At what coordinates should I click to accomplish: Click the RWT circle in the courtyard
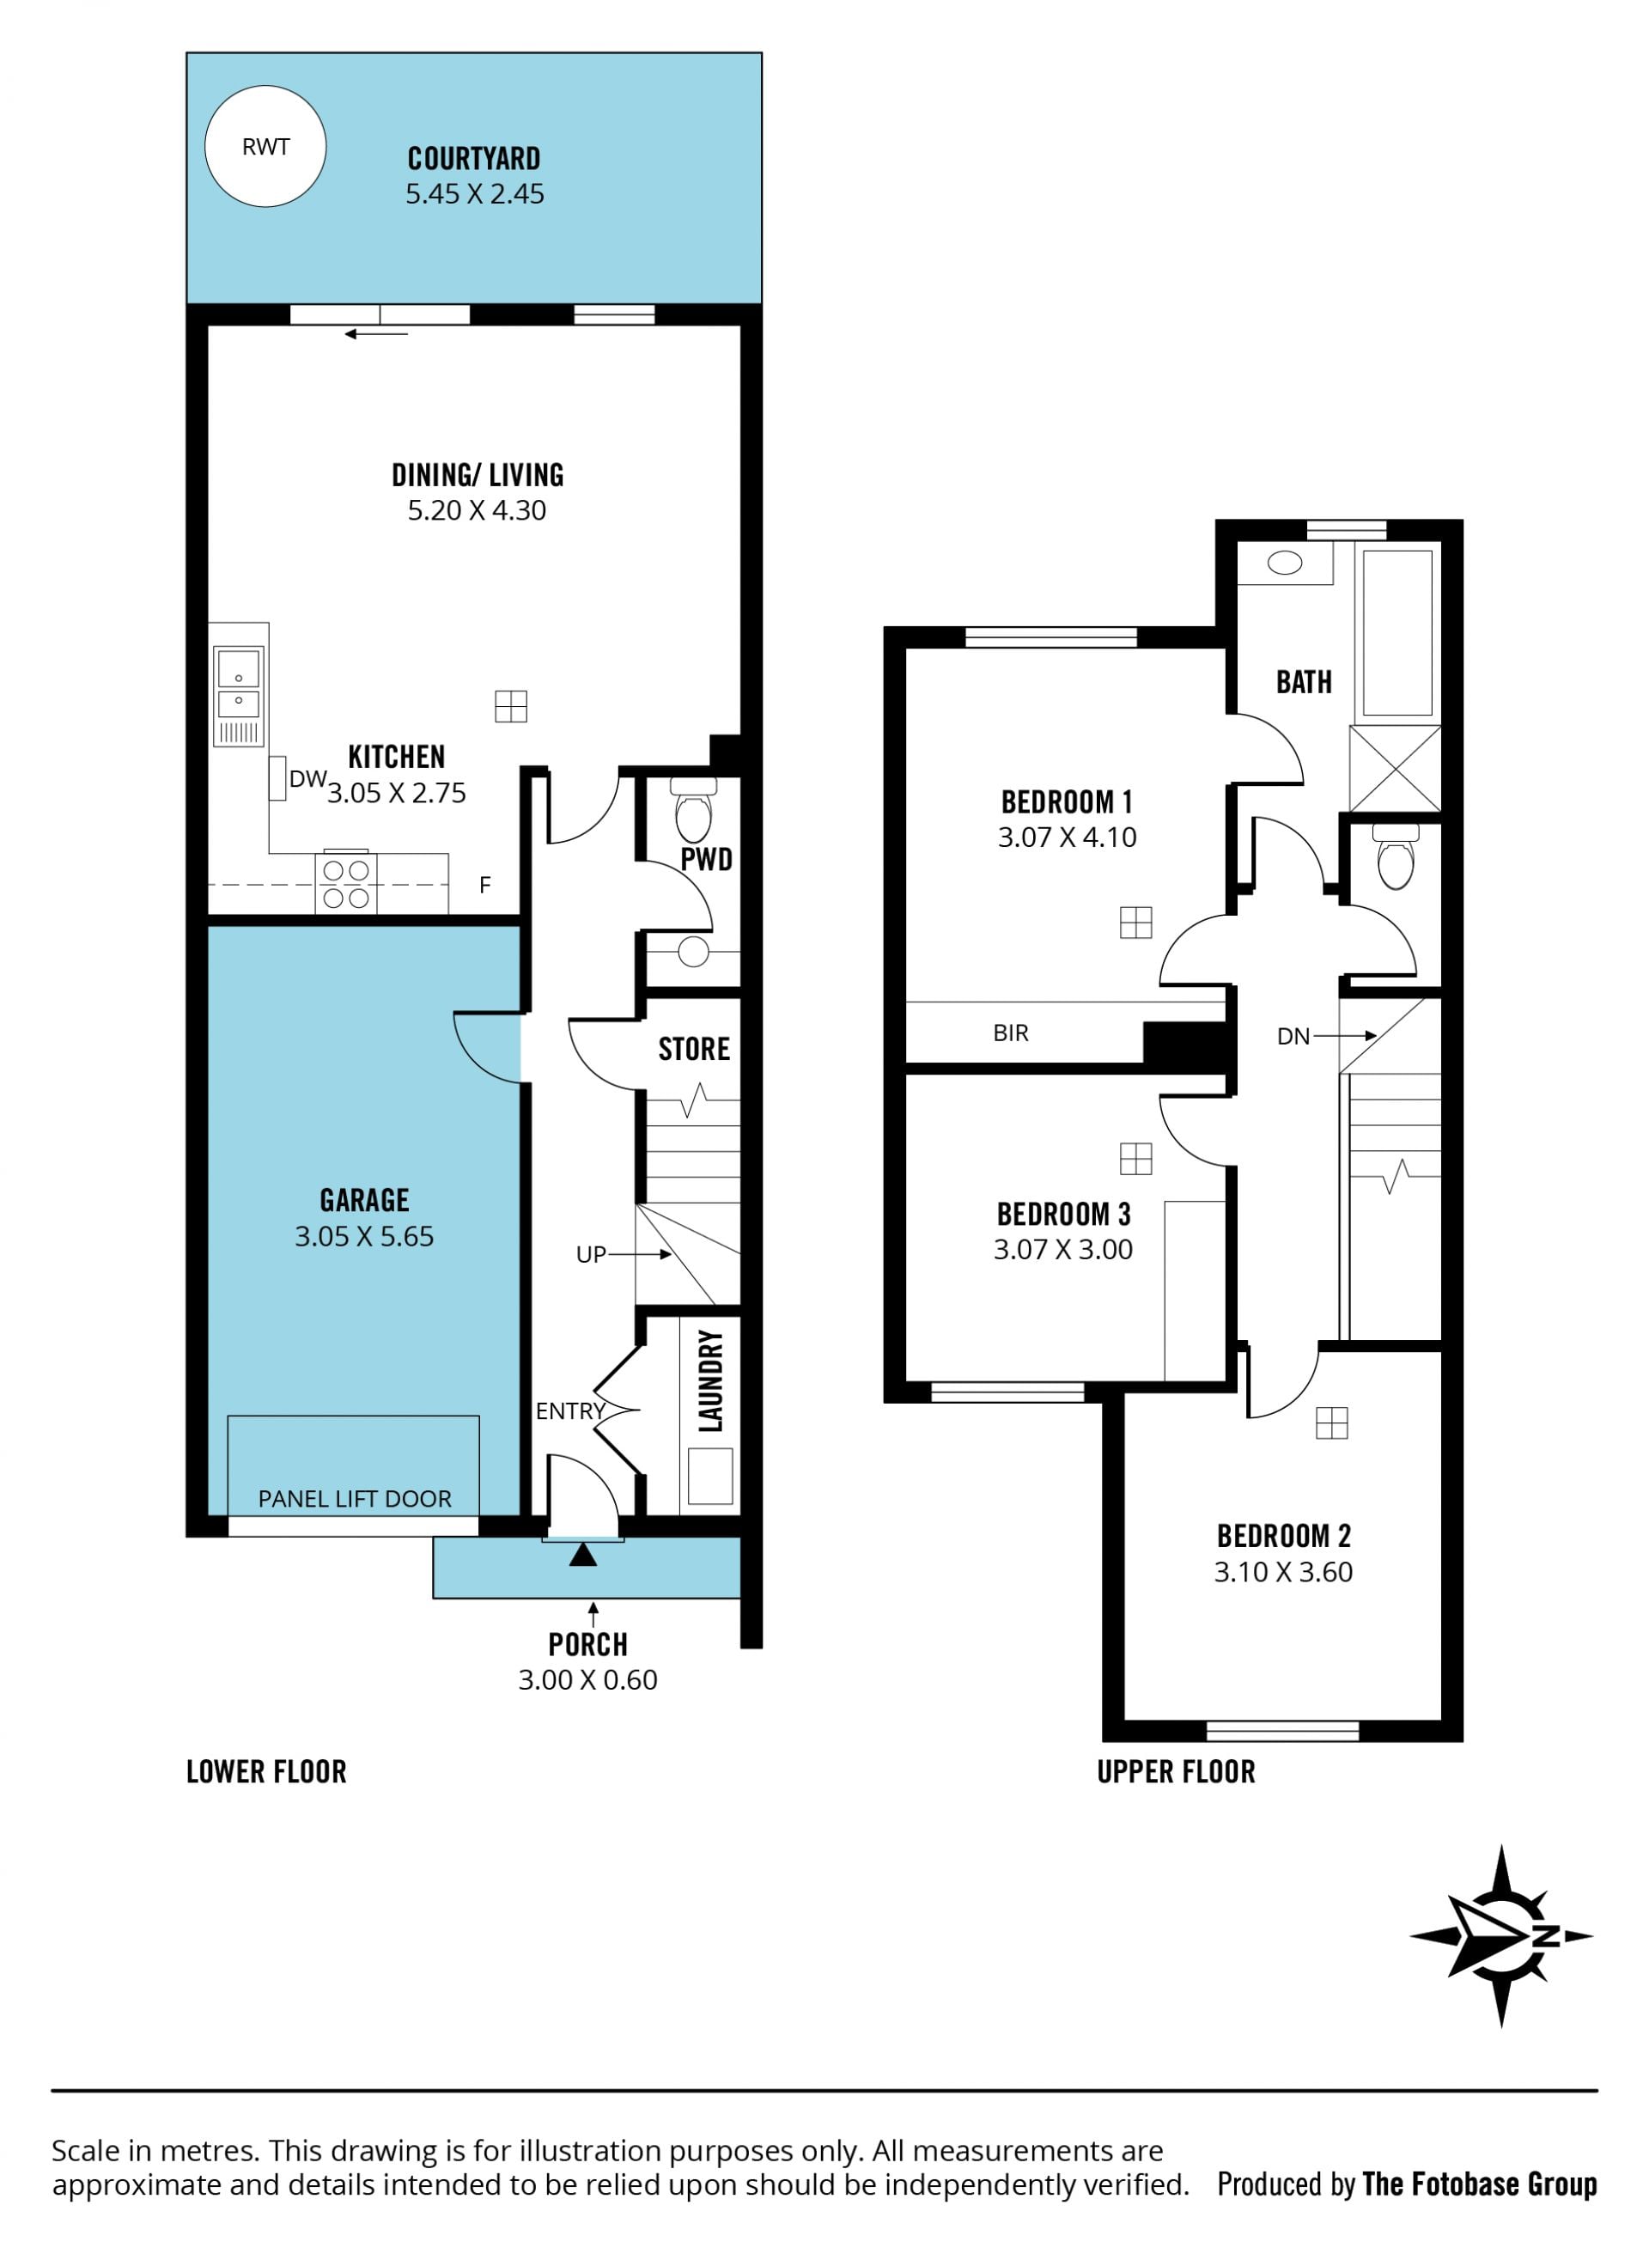click(x=265, y=147)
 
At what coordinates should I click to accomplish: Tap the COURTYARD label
click(x=474, y=159)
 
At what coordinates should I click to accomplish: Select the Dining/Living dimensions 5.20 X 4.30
click(x=478, y=510)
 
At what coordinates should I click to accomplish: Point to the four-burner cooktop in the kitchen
click(x=346, y=883)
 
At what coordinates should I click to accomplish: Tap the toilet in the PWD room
click(x=694, y=811)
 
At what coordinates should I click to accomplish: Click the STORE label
click(x=694, y=1049)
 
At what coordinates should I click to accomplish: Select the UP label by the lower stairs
click(x=591, y=1255)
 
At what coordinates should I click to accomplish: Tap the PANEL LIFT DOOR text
click(x=355, y=1498)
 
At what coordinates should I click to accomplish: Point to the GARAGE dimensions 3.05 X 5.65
click(x=364, y=1237)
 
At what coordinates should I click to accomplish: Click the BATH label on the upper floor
click(x=1304, y=682)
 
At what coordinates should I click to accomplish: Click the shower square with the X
click(x=1395, y=769)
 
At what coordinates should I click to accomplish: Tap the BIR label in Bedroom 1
click(x=1010, y=1033)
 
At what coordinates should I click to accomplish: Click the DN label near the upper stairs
click(x=1293, y=1037)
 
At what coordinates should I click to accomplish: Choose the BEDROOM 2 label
click(x=1284, y=1535)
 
